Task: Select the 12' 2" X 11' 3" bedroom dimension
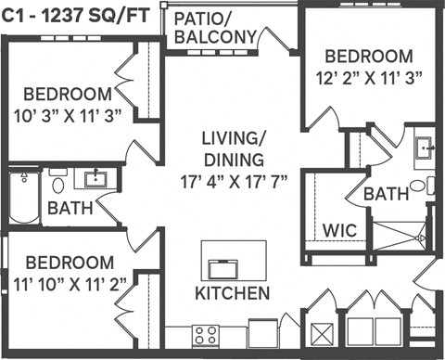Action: [370, 79]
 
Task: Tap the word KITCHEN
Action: [233, 293]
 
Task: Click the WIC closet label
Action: [337, 229]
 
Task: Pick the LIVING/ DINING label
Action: [234, 148]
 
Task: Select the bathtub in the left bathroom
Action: [19, 197]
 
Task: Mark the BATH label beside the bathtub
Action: [70, 208]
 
